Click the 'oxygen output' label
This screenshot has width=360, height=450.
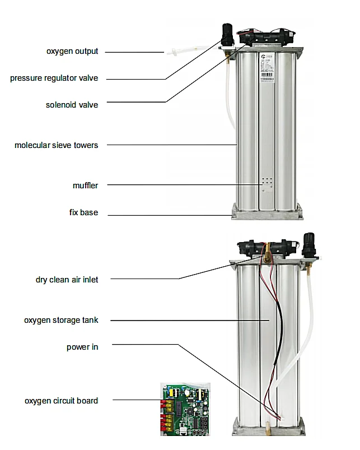click(x=72, y=52)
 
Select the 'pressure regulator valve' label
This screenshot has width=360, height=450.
click(x=54, y=78)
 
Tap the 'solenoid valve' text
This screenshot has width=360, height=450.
click(x=72, y=105)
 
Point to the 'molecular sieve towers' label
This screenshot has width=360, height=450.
click(x=56, y=145)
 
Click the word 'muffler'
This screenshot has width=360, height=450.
click(x=85, y=185)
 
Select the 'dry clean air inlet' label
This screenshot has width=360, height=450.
click(x=67, y=279)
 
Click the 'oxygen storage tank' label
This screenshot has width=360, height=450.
click(x=61, y=320)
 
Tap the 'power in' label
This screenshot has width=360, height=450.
click(x=82, y=347)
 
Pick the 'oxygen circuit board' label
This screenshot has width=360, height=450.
click(x=61, y=401)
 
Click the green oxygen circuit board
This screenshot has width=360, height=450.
click(x=185, y=409)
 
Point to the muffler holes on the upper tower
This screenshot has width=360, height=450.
click(x=267, y=184)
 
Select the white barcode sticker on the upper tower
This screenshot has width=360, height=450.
click(x=267, y=71)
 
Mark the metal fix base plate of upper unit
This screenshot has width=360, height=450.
click(x=267, y=211)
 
